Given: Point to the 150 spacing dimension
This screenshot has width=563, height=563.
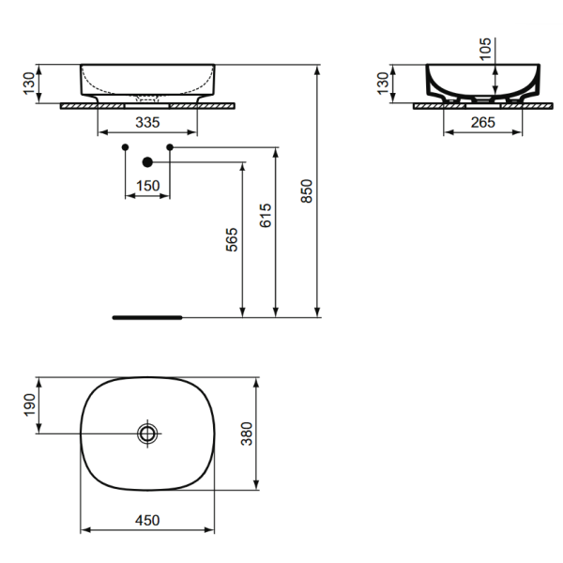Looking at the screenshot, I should (x=147, y=186).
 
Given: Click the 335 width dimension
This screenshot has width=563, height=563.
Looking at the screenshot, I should (x=147, y=122).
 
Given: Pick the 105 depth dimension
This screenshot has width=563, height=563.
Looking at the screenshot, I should (x=484, y=50).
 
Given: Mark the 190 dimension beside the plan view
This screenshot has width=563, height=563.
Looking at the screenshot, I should (x=28, y=405).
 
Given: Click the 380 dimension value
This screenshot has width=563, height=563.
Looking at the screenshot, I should (x=271, y=433).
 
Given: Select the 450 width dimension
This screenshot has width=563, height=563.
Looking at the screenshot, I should (x=147, y=520).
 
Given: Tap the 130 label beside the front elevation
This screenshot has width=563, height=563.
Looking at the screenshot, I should (x=28, y=84).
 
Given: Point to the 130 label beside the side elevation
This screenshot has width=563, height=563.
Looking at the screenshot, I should (x=382, y=84).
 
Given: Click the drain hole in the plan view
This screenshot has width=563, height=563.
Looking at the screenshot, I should (x=147, y=433).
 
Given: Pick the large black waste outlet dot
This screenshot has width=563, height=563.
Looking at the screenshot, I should (x=147, y=162).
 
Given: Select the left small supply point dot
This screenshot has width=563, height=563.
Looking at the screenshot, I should (x=125, y=147).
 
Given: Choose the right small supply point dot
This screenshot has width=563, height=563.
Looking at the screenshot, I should (x=170, y=147).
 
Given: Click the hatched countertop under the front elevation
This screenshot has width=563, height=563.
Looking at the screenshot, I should (x=84, y=106).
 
